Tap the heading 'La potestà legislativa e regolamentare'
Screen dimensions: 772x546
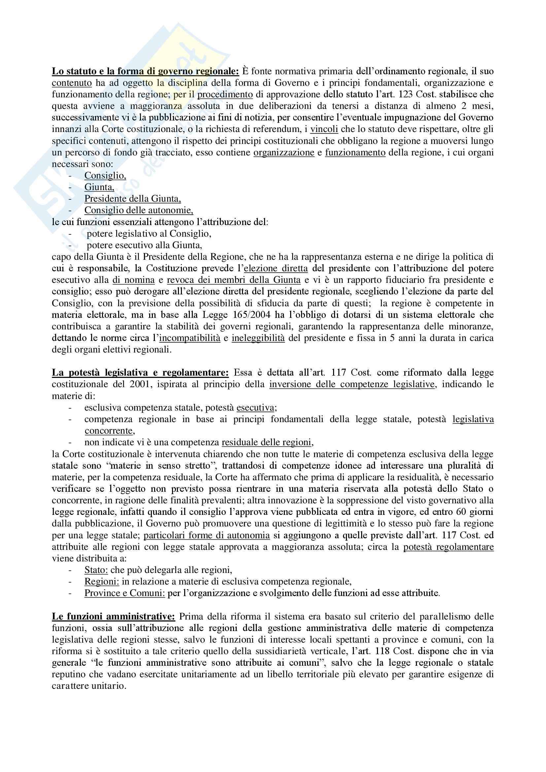coord(140,373)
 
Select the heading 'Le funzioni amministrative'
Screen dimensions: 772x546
coord(113,616)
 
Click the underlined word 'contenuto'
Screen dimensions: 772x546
coord(72,83)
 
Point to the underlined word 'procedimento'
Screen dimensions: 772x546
coord(225,94)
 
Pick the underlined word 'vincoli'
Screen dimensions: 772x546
coord(324,129)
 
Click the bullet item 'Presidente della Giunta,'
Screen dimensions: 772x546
coord(132,199)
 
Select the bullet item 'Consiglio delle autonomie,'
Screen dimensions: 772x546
coord(139,210)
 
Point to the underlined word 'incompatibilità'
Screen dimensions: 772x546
coord(189,338)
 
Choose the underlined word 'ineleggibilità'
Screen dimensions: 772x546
coord(258,338)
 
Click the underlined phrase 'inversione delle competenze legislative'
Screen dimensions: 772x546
coord(352,384)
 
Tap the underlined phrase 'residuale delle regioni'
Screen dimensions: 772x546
coord(267,442)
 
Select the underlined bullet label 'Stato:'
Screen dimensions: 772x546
coord(96,570)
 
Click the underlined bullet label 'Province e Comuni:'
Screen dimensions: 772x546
coord(124,593)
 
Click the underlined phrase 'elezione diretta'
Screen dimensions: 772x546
coord(276,268)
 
